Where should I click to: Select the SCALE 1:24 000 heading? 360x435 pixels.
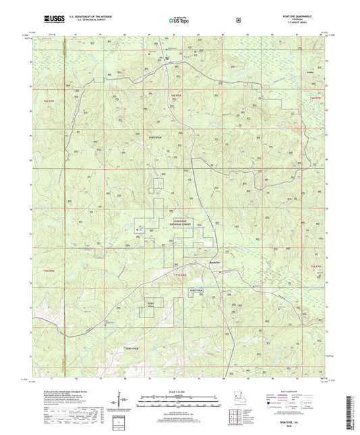[179, 392]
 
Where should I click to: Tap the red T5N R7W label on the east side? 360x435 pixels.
[315, 267]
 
